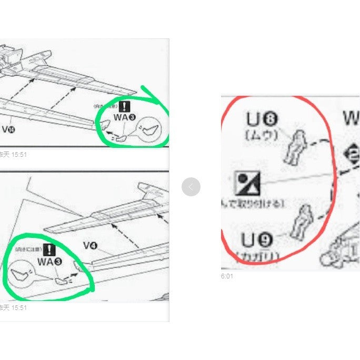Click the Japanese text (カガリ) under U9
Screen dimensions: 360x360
pos(258,256)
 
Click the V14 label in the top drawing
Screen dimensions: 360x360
pos(8,129)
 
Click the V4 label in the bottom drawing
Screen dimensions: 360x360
pos(92,245)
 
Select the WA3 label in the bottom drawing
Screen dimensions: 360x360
pos(49,262)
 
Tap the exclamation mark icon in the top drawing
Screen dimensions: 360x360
pos(124,106)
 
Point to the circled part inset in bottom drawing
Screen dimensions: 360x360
pos(21,273)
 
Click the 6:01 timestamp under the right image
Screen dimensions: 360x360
pos(227,276)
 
